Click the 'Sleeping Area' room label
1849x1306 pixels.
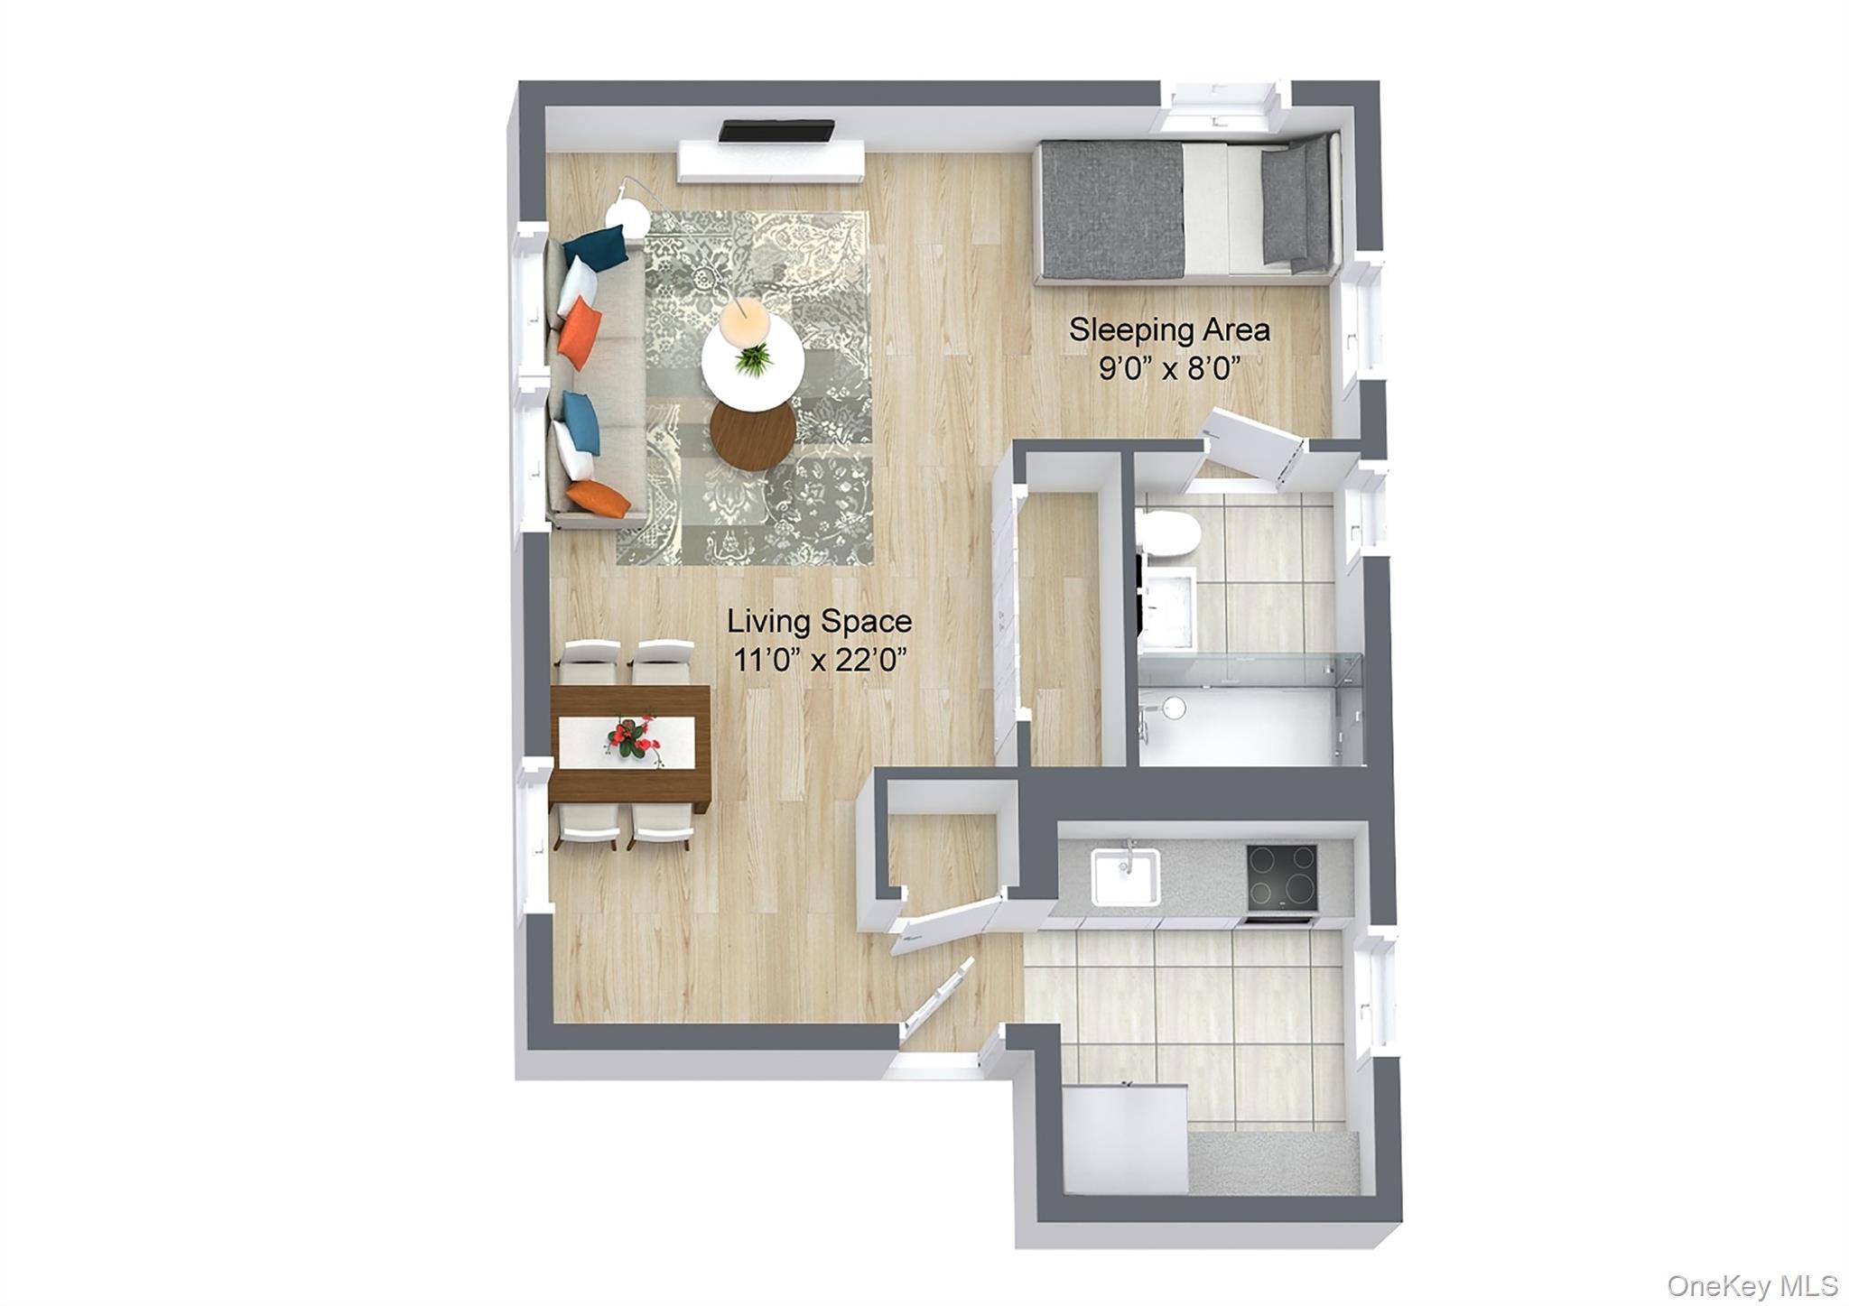coord(1169,329)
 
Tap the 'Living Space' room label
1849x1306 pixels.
coord(819,621)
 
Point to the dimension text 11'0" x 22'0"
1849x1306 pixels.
coord(819,662)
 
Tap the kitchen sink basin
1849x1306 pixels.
coord(1125,875)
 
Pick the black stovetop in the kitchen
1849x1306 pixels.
coord(1282,877)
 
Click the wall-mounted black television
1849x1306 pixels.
coord(776,131)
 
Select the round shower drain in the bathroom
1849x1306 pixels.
coord(1172,709)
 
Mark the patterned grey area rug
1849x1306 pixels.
coord(744,388)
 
